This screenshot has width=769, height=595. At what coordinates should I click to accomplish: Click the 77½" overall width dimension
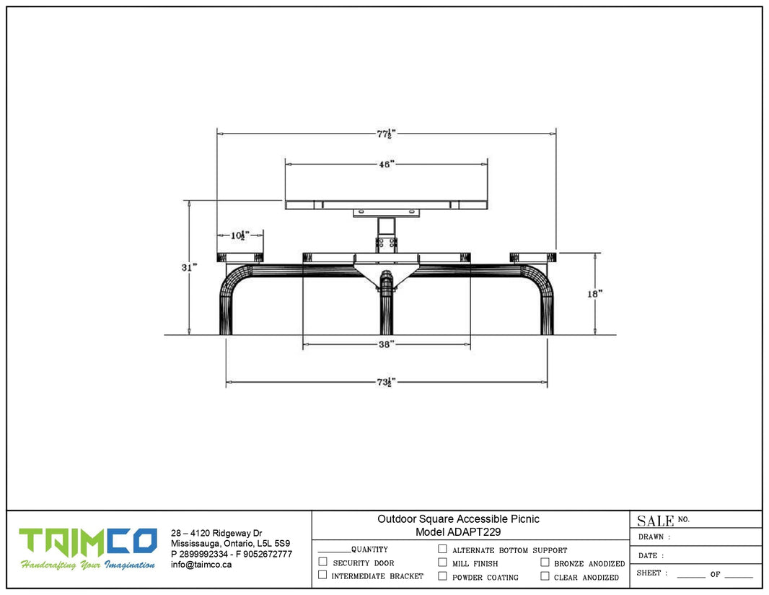click(386, 134)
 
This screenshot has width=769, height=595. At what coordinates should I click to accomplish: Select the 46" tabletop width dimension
click(387, 164)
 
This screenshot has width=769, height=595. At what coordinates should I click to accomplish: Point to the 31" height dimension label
click(189, 268)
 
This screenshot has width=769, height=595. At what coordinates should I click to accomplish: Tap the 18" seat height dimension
click(595, 294)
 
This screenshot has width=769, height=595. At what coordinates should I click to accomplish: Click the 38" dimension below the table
click(387, 344)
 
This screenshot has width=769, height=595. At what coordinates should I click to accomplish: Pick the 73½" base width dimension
click(386, 382)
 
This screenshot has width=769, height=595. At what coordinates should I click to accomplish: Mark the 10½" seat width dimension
click(240, 235)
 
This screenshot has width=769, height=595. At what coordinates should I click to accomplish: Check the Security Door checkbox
click(322, 562)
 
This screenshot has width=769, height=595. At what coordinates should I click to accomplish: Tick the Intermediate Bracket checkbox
click(322, 575)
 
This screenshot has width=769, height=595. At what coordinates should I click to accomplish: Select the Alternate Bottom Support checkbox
click(442, 549)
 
